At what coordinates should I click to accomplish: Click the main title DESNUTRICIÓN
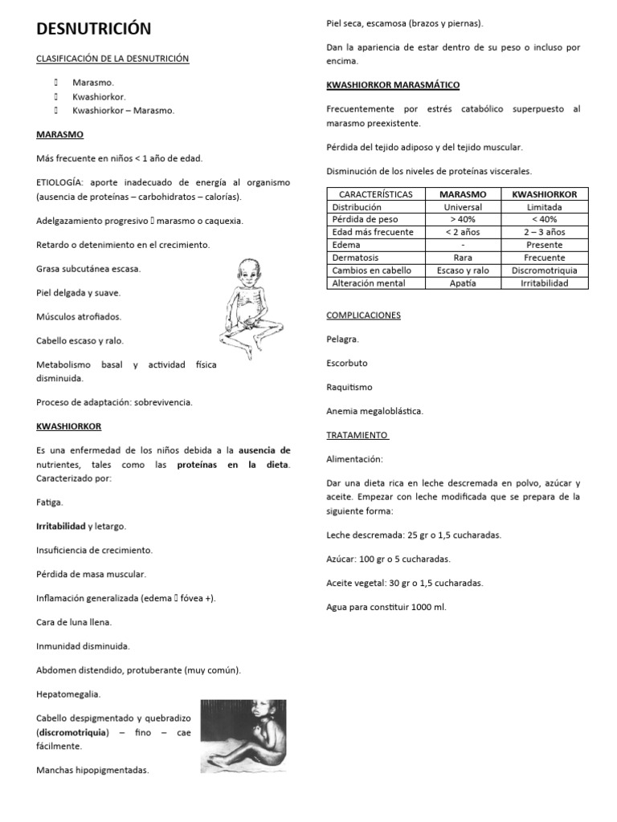coord(93,29)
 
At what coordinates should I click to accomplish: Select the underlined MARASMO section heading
coord(59,134)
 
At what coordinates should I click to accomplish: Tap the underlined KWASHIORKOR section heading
coord(69,426)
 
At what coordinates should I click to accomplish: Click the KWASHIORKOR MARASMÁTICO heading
coord(393,84)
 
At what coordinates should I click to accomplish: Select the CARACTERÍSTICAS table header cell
coord(376,194)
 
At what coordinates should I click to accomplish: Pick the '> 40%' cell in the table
coord(463,219)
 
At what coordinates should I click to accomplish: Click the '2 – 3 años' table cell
coord(544,232)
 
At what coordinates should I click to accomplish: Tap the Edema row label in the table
coord(345,245)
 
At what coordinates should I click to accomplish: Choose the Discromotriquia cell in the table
coord(544,271)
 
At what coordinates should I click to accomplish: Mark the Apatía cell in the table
coord(463,283)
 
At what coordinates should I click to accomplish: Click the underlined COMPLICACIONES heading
coord(363,315)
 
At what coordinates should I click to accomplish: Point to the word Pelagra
coord(343,340)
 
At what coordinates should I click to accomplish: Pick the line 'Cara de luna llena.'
coord(74,622)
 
